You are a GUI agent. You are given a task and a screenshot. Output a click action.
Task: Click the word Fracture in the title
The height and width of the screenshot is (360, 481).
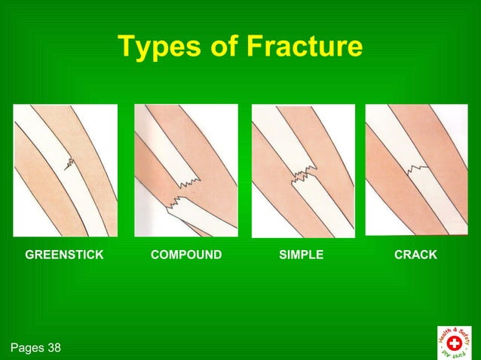point(304,47)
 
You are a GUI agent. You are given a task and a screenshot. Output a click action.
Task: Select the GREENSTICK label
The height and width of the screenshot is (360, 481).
point(64,255)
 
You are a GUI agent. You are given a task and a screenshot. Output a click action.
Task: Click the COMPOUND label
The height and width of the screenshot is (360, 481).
point(186,255)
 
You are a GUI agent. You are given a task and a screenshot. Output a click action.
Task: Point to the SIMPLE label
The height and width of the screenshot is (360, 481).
point(301,255)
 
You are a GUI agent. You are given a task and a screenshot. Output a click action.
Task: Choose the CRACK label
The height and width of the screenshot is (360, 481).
point(415,255)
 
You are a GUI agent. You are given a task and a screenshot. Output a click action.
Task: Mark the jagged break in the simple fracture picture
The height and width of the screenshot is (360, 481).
point(303,177)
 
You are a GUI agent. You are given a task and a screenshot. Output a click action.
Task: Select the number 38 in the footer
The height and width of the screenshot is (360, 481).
point(53,348)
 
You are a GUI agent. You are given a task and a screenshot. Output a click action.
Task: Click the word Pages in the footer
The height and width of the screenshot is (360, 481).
point(26,348)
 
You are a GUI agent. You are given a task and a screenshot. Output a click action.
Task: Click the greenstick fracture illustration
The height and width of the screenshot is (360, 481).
point(66,170)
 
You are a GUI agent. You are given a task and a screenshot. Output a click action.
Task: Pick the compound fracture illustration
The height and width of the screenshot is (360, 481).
point(186,170)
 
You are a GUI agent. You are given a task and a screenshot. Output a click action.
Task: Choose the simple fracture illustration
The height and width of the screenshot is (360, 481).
point(303,170)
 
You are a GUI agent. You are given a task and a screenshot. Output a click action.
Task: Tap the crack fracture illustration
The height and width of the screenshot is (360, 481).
point(416,170)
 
